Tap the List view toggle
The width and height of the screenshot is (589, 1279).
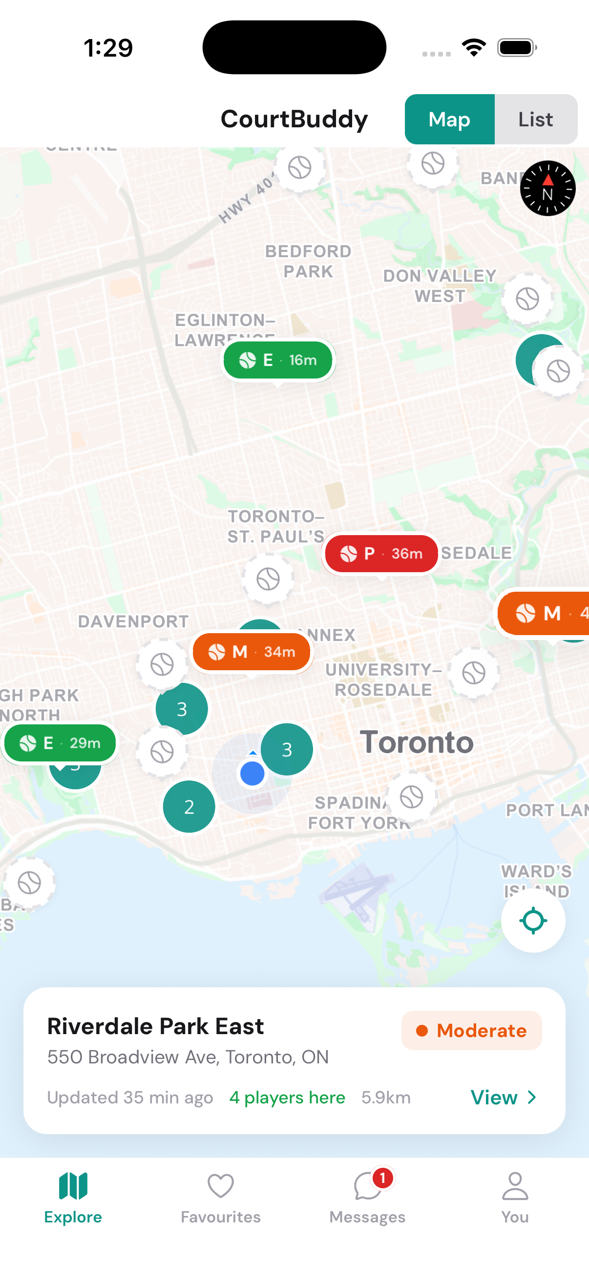(535, 119)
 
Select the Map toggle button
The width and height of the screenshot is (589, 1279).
(449, 119)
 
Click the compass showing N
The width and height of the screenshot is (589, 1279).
(547, 188)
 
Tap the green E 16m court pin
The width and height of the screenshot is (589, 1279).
(278, 360)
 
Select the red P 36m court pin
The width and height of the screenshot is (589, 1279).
(381, 553)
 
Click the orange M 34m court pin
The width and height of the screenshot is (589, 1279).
(252, 651)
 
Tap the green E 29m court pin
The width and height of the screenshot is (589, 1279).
(60, 743)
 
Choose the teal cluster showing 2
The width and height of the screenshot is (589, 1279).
(189, 807)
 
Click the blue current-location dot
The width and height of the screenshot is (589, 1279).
(252, 774)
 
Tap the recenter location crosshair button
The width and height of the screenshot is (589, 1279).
(533, 920)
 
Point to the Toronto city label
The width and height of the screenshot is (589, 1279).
(417, 742)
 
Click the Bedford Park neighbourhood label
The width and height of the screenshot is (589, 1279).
(308, 261)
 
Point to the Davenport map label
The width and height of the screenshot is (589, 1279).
(133, 621)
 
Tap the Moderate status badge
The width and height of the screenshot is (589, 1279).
(471, 1031)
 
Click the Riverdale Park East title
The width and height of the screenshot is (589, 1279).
(156, 1026)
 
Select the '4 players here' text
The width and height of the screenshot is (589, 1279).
(287, 1097)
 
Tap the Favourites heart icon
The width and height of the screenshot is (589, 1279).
(221, 1186)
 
